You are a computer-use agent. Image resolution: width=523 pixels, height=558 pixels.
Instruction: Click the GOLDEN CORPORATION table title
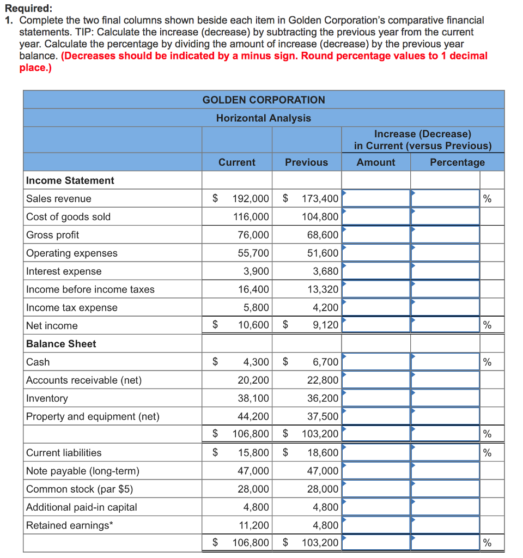(264, 100)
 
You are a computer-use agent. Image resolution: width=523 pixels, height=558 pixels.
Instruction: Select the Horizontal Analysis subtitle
(264, 118)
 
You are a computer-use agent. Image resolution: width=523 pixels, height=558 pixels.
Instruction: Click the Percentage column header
(457, 162)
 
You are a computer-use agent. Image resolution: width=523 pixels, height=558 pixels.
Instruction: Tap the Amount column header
(376, 162)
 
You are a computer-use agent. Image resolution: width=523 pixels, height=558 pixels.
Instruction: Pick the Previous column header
(306, 162)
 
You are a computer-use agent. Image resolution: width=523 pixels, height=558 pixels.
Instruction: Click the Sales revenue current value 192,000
(251, 199)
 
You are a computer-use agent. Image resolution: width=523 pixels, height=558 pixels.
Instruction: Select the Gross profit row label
(53, 235)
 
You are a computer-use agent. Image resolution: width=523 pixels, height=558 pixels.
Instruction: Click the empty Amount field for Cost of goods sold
(376, 217)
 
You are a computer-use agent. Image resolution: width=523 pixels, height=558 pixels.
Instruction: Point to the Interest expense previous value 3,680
(325, 271)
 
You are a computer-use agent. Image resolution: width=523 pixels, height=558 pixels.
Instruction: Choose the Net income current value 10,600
(253, 326)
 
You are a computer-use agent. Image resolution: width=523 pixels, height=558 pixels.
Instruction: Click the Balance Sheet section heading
(61, 344)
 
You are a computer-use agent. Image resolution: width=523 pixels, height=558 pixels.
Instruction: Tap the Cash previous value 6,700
(325, 362)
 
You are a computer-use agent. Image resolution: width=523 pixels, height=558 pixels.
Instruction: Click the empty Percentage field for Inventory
(445, 398)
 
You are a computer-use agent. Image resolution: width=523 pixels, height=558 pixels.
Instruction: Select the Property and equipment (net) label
(93, 416)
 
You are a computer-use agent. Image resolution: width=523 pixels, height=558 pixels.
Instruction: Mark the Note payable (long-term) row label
(83, 471)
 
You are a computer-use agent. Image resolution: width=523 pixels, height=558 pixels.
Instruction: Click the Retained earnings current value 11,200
(253, 525)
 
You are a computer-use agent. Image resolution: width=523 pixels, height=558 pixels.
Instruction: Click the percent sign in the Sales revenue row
(487, 199)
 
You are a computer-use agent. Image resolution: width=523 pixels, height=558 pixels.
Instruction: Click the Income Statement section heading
(70, 180)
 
